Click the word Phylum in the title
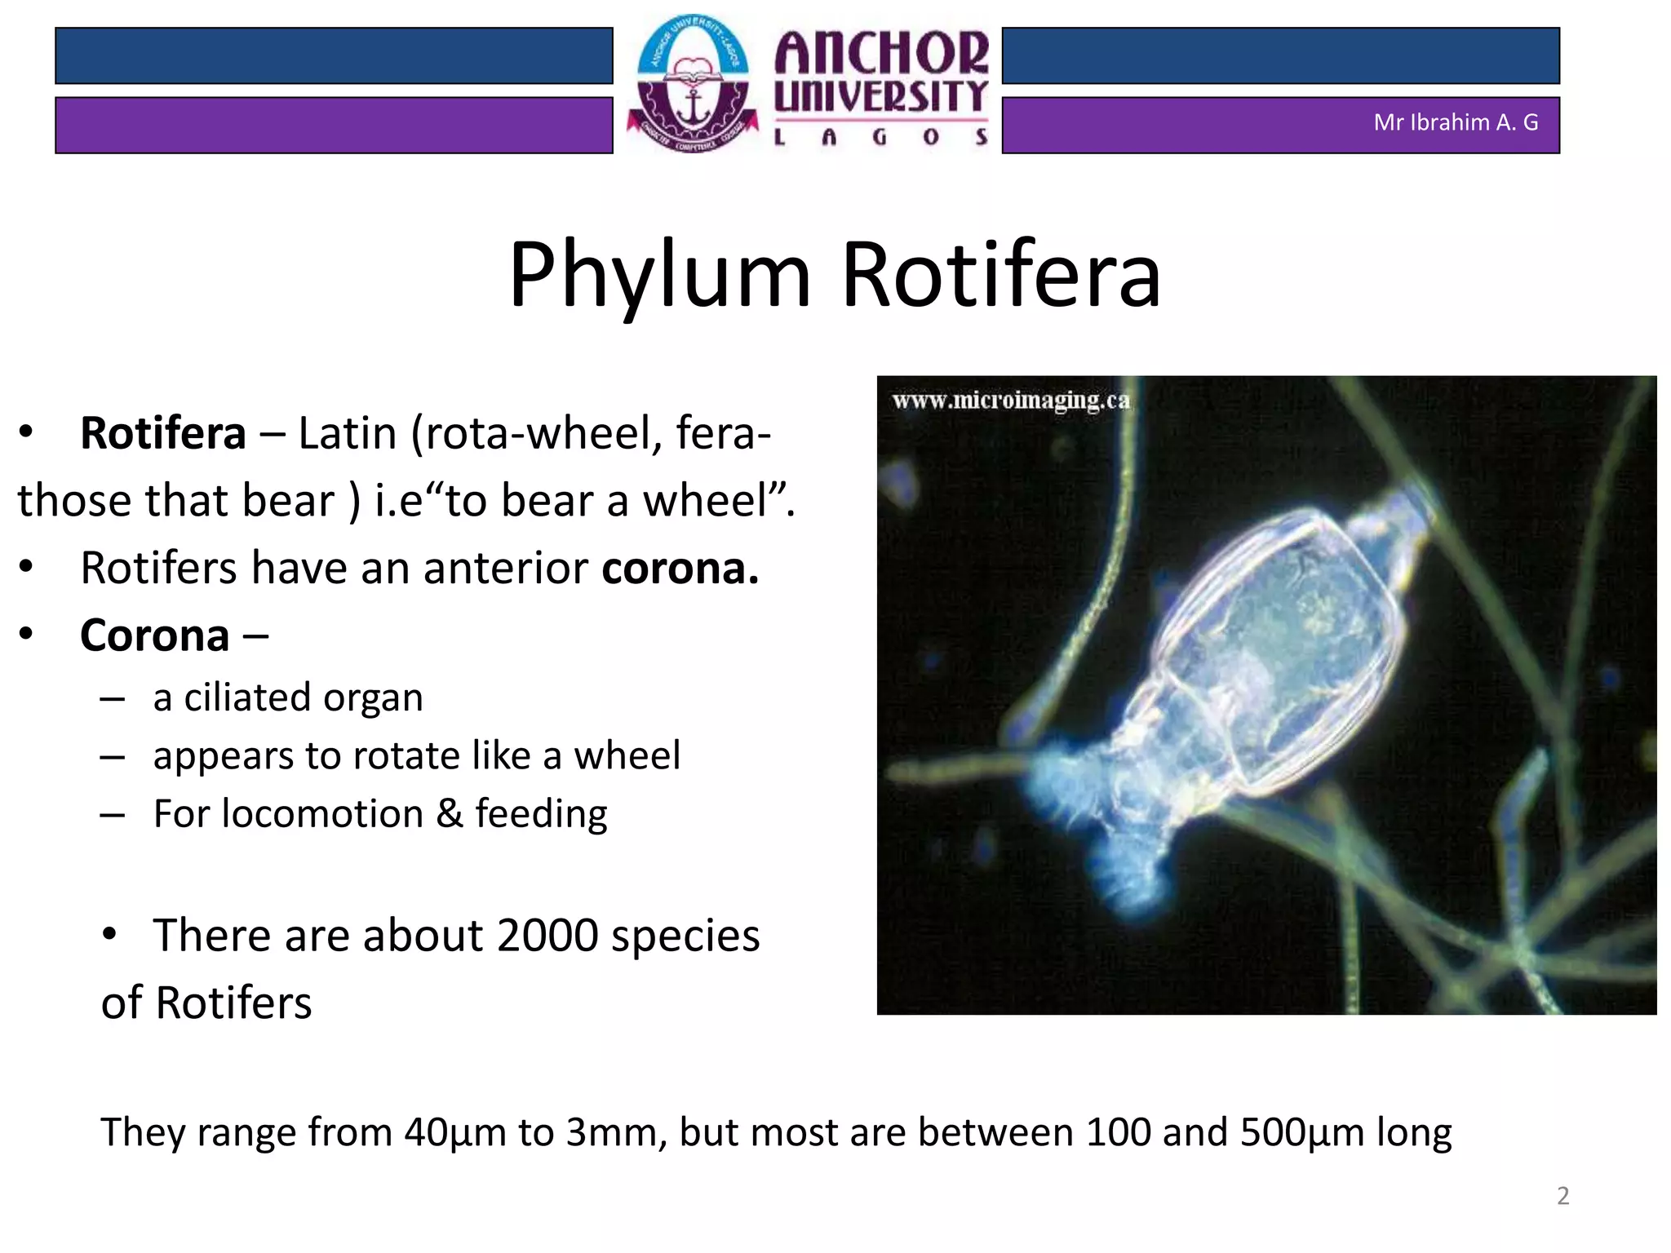click(659, 276)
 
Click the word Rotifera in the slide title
click(1000, 276)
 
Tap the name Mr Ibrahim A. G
click(1456, 122)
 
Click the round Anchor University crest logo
click(693, 84)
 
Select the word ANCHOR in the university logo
click(881, 53)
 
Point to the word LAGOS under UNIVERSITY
click(881, 137)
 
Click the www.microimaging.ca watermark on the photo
click(1011, 401)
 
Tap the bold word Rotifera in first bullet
click(162, 433)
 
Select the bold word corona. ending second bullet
click(680, 569)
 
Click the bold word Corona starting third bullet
click(154, 635)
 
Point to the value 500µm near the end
click(1302, 1132)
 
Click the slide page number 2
click(1562, 1196)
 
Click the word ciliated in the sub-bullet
click(247, 698)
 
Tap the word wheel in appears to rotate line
click(627, 755)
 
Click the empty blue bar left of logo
click(334, 55)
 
